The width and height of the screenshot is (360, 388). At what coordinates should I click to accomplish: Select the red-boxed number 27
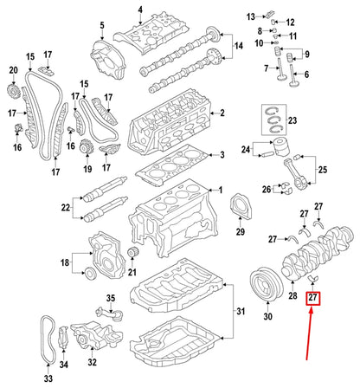[x=313, y=299]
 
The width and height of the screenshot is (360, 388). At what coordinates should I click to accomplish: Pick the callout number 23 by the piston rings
[x=292, y=120]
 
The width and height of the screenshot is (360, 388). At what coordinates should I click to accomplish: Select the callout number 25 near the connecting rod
[x=323, y=171]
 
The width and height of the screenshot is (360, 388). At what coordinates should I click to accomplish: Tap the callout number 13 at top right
[x=250, y=16]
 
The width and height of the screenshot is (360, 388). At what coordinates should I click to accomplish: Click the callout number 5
[x=102, y=25]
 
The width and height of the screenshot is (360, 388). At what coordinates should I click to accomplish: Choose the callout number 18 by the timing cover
[x=64, y=262]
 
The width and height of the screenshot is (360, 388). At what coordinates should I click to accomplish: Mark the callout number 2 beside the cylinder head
[x=222, y=113]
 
